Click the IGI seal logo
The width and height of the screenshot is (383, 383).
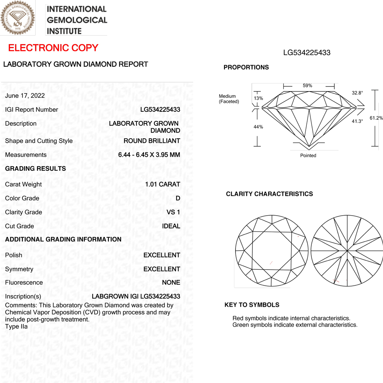(x=18, y=18)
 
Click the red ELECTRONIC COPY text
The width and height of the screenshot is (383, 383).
(x=53, y=48)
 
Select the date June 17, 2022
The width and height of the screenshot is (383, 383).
(x=25, y=96)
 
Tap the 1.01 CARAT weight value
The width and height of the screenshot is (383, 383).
(x=162, y=184)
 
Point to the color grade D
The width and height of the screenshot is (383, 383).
(x=178, y=198)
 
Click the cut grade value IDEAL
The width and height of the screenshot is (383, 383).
(x=171, y=226)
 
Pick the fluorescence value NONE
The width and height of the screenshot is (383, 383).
(x=171, y=283)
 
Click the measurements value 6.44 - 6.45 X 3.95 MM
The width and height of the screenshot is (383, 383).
(x=149, y=155)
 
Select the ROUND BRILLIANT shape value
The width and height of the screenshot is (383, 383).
(x=152, y=141)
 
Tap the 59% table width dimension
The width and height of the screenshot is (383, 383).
(x=308, y=86)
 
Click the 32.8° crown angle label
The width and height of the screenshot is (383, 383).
(x=357, y=93)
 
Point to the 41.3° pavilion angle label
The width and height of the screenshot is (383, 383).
(x=357, y=121)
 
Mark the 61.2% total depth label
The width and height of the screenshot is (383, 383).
(x=376, y=118)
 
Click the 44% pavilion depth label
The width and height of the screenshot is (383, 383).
(x=259, y=127)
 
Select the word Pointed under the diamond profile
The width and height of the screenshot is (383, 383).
(x=308, y=155)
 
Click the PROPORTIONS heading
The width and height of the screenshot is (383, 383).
(x=246, y=67)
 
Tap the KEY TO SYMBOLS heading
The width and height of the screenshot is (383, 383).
(x=252, y=305)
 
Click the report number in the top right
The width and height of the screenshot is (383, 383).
(x=307, y=52)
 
